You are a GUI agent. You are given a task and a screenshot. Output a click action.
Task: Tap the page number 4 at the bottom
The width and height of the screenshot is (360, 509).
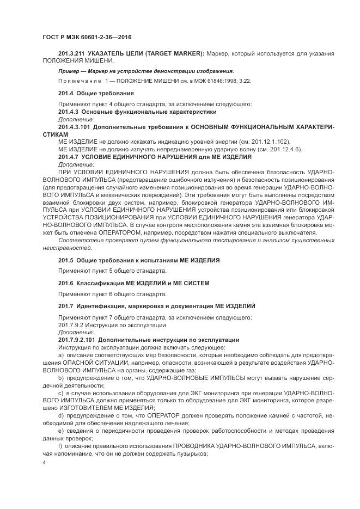pos(44,462)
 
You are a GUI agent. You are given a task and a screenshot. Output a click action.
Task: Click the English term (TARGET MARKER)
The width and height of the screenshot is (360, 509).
pos(176,53)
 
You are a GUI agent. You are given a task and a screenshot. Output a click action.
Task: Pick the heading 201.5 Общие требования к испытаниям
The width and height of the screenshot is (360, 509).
pos(139,260)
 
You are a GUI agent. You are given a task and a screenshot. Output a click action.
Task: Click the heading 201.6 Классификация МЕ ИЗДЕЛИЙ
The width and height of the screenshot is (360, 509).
pos(133,284)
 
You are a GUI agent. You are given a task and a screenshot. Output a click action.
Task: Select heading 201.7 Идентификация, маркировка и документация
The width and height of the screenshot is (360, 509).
pos(156,306)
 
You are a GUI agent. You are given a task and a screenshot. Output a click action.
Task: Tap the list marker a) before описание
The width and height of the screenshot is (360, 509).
pos(61,355)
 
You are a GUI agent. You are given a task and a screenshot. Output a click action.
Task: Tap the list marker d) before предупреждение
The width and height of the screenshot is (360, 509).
pos(61,415)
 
